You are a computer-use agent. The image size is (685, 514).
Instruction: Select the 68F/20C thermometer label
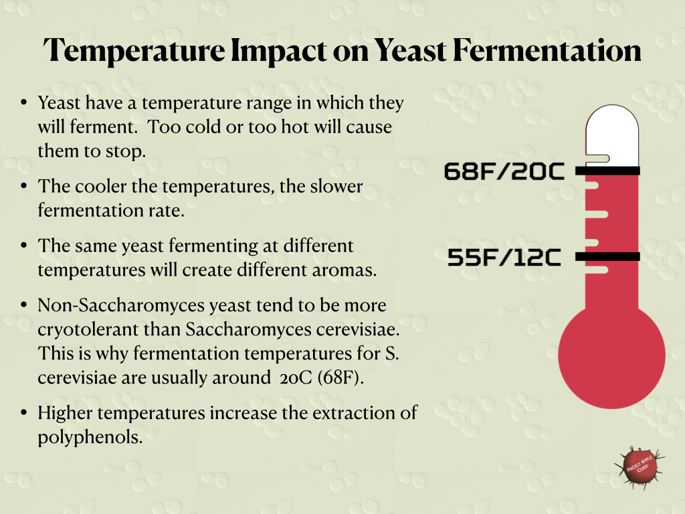point(504,172)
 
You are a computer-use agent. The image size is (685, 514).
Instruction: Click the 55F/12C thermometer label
point(504,258)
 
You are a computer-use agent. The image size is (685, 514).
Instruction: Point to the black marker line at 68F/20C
point(607,171)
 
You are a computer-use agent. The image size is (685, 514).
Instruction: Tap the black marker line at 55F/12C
point(607,256)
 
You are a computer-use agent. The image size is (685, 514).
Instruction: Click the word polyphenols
point(90,437)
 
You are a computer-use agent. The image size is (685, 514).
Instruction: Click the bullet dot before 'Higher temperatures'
point(24,414)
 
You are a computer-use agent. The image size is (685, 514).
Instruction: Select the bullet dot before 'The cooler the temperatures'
point(24,187)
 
